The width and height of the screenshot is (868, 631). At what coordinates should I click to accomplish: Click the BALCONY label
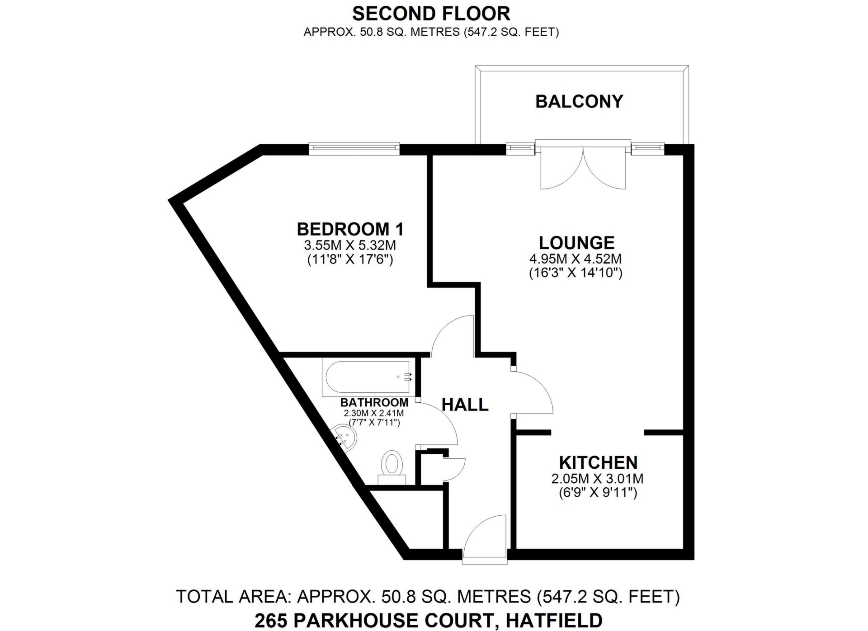(579, 101)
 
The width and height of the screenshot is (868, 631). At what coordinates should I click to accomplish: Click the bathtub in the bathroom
(367, 377)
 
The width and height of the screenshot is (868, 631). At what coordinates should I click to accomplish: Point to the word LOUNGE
(576, 243)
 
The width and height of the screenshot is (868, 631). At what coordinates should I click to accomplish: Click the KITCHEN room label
(598, 462)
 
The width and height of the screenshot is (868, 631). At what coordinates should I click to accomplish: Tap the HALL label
(465, 405)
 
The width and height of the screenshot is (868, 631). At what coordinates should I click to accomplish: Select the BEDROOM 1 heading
(350, 229)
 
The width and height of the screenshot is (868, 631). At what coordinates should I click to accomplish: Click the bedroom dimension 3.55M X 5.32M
(350, 245)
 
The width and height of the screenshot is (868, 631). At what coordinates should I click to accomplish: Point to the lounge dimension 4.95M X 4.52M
(576, 259)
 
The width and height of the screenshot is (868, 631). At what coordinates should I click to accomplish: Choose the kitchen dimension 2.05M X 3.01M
(597, 478)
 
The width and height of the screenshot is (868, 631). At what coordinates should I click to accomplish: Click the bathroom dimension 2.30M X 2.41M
(374, 413)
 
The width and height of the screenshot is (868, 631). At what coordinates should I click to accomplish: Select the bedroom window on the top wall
(354, 148)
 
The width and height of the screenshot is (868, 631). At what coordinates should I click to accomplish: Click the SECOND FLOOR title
(431, 14)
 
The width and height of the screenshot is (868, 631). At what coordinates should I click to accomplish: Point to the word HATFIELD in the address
(554, 621)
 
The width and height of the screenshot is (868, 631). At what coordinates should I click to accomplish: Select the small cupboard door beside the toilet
(453, 469)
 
